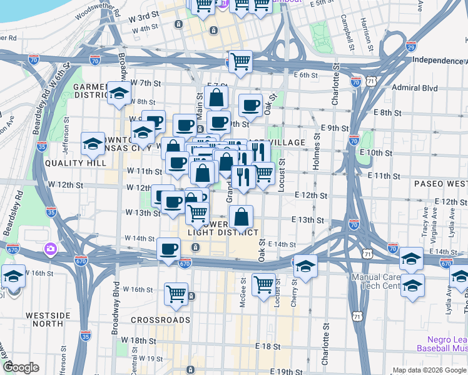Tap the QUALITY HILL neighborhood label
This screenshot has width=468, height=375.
click(70, 162)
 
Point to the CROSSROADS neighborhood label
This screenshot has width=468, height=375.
click(160, 320)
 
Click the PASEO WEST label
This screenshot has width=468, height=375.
click(440, 184)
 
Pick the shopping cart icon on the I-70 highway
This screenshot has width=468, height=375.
click(240, 62)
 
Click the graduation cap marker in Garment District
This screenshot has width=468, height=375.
click(117, 94)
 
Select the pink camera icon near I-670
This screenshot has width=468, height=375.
click(49, 249)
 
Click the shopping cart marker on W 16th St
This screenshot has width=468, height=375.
click(176, 293)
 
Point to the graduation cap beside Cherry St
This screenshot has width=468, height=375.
click(305, 266)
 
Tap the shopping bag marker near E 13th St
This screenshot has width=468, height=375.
click(241, 217)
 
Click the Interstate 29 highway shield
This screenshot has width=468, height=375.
click(410, 46)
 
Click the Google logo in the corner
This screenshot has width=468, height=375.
click(21, 367)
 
